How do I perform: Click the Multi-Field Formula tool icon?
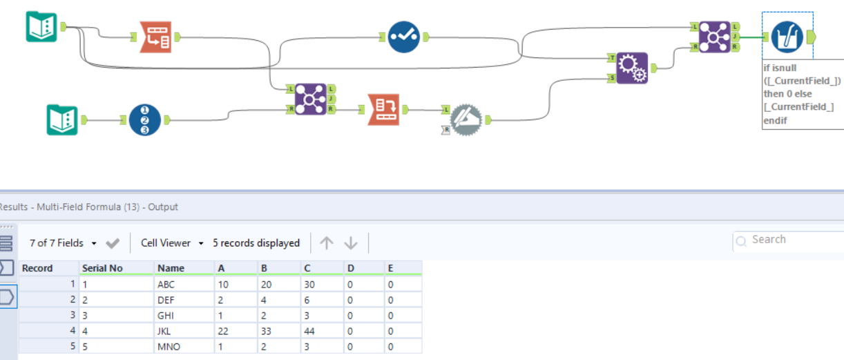tap(787, 37)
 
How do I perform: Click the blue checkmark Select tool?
tap(404, 37)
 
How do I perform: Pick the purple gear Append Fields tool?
tap(631, 68)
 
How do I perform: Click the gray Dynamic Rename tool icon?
tap(468, 120)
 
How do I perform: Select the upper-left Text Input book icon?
tap(41, 27)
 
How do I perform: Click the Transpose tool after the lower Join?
tap(383, 109)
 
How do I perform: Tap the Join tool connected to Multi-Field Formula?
tap(714, 37)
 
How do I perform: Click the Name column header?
tap(171, 268)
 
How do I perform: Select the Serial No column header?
tap(102, 268)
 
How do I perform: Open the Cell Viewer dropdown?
tap(172, 243)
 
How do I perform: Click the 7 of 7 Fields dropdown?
tap(63, 243)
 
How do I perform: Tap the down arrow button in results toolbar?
tap(351, 243)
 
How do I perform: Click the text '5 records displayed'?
tap(256, 243)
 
